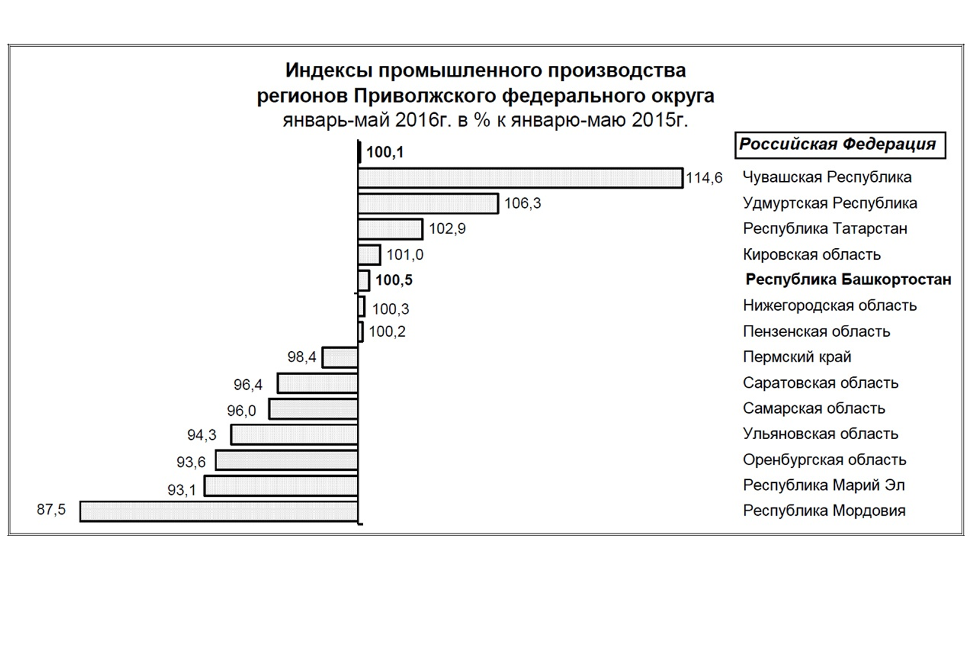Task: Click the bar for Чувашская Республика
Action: pos(520,178)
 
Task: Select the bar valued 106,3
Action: pos(428,204)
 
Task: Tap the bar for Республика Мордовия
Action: pos(219,511)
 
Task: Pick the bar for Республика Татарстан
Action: pos(390,229)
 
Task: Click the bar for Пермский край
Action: pos(340,357)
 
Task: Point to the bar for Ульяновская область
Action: pos(294,435)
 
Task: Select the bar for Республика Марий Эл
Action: pos(281,486)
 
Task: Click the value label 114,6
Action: pos(704,178)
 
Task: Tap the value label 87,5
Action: pos(51,509)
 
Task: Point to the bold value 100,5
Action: pos(394,280)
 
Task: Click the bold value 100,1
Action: pos(385,152)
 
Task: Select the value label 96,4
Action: pos(248,385)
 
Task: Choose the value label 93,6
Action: pos(191,462)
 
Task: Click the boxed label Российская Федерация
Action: pos(838,145)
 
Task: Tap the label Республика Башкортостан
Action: pos(848,280)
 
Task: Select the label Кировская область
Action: pos(812,254)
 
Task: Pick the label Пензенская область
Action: pos(817,332)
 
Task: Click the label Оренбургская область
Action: pos(824,460)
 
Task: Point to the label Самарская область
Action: pos(814,409)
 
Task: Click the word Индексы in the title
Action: pos(328,71)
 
